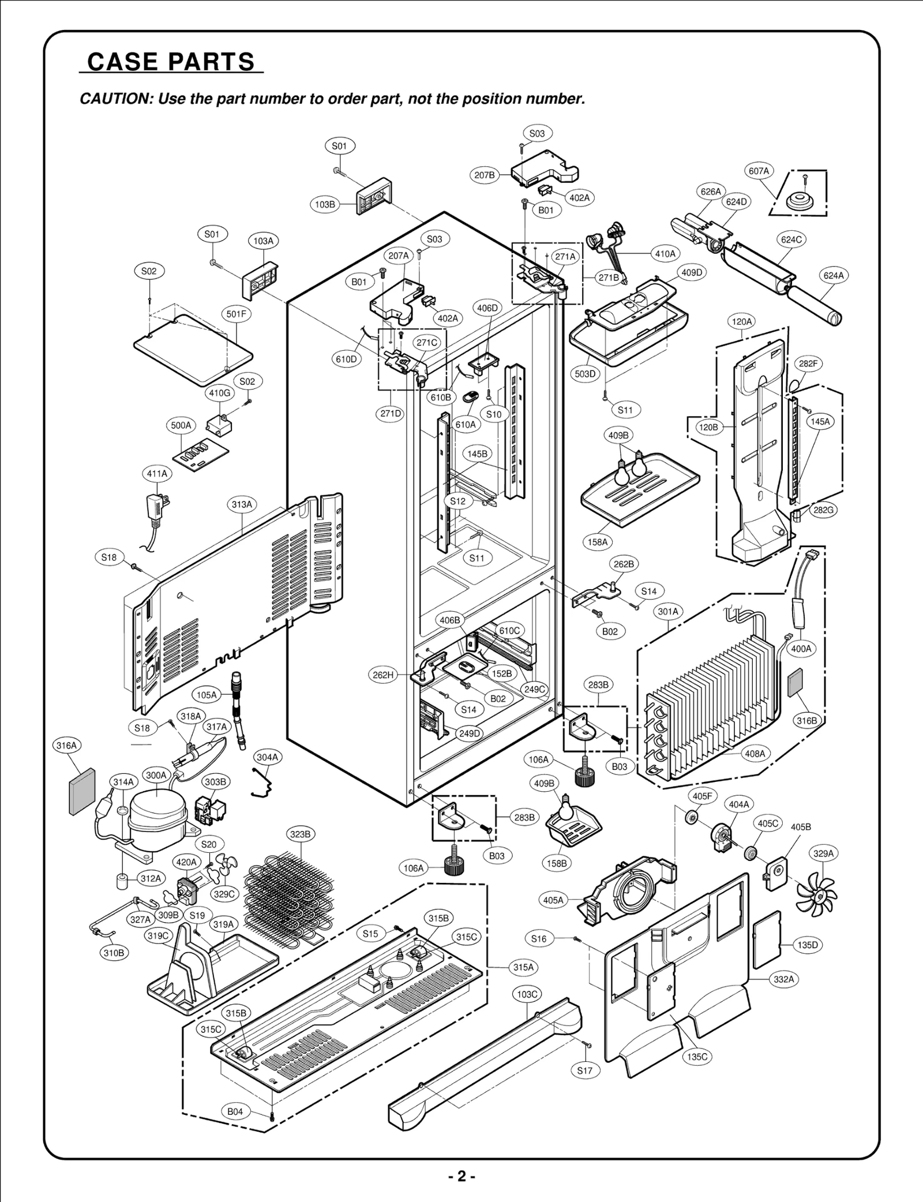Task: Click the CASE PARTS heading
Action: tap(171, 62)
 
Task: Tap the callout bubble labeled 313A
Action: tap(242, 504)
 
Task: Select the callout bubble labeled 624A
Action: tap(833, 276)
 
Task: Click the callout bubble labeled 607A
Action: tap(759, 171)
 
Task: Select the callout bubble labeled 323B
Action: tap(300, 834)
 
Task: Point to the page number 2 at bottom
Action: tap(461, 1176)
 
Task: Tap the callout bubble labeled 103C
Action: tap(527, 994)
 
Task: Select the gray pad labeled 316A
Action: tap(80, 791)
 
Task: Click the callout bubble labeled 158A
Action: tap(598, 542)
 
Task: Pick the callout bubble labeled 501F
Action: tap(236, 314)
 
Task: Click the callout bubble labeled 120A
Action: tap(742, 321)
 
